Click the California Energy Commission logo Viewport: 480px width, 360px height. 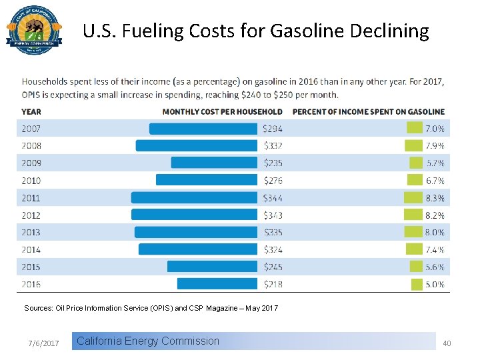tap(34, 34)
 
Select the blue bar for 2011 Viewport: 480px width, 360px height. tap(194, 197)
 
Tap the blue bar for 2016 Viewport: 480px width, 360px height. tap(217, 283)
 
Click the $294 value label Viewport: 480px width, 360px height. tap(273, 129)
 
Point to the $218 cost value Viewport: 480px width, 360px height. tap(273, 283)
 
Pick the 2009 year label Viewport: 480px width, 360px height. tap(31, 163)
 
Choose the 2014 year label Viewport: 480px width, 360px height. tap(31, 249)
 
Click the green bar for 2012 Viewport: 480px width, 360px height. tap(413, 215)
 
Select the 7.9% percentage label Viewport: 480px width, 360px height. tap(435, 146)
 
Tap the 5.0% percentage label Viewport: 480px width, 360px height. tap(435, 283)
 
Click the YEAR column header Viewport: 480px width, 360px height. tap(31, 111)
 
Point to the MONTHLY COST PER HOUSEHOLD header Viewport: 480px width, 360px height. tap(222, 111)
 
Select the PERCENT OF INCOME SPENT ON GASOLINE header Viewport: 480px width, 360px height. tap(368, 111)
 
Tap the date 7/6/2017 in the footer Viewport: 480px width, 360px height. tap(44, 343)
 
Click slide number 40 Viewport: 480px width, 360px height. tap(447, 343)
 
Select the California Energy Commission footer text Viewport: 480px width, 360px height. tap(148, 341)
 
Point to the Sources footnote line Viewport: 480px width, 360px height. tap(151, 308)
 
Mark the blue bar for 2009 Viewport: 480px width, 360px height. tap(214, 163)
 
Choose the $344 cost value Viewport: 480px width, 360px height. tap(273, 197)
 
